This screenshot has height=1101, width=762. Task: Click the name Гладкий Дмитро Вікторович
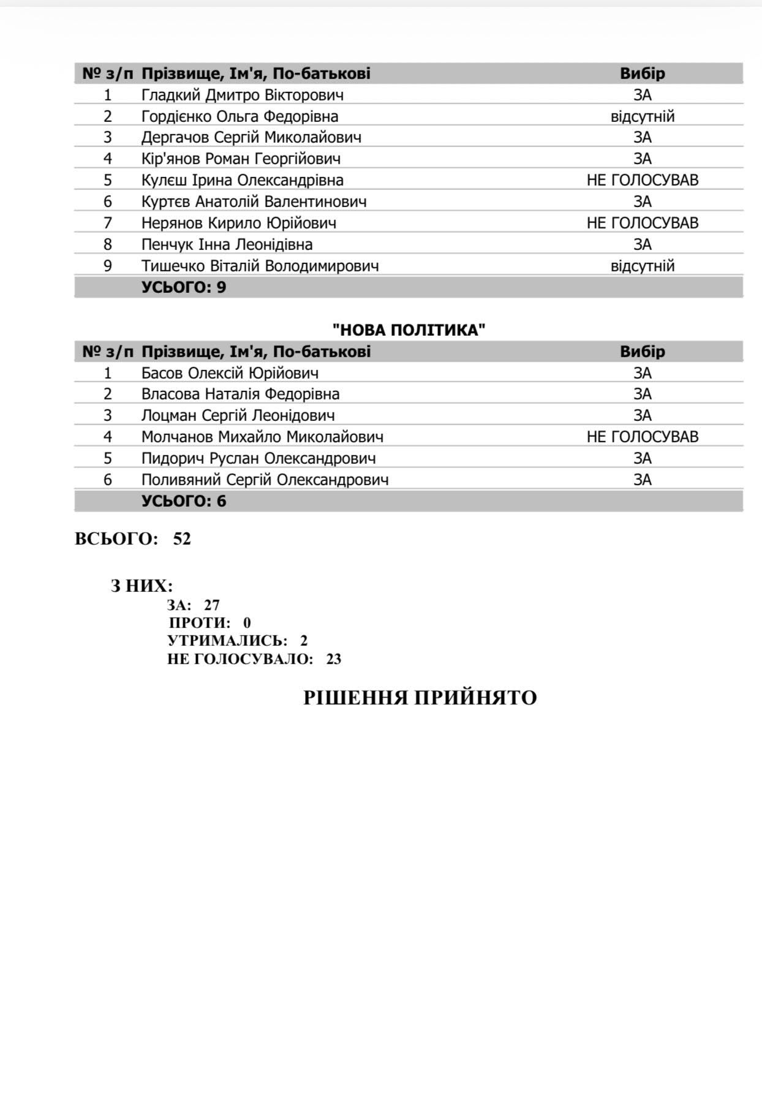click(x=242, y=95)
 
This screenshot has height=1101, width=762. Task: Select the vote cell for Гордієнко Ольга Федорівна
click(x=642, y=116)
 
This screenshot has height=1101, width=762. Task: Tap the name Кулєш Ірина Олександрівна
click(x=242, y=180)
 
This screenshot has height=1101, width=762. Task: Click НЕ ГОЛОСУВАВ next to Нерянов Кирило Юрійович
click(x=642, y=223)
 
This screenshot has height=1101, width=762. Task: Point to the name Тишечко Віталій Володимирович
click(x=260, y=266)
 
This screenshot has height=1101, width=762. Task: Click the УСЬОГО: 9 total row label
click(x=184, y=287)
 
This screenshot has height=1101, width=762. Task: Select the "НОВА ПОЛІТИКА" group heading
click(x=409, y=330)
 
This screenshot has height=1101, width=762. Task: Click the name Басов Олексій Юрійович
click(x=230, y=373)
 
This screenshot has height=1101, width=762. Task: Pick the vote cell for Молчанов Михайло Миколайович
click(x=642, y=437)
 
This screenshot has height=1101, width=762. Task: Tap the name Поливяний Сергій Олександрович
click(x=265, y=480)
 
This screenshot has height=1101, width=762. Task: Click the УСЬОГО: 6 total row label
click(x=184, y=501)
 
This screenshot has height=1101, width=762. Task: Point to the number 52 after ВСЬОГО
click(x=182, y=539)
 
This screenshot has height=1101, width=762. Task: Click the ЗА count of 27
click(x=211, y=605)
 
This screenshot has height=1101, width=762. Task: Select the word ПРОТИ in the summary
click(x=200, y=623)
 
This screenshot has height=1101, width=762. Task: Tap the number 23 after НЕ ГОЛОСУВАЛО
click(x=333, y=659)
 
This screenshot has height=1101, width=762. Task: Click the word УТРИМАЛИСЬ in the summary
click(x=227, y=641)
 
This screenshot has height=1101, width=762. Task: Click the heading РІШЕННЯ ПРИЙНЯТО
click(x=420, y=698)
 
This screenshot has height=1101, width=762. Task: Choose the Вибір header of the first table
click(x=642, y=74)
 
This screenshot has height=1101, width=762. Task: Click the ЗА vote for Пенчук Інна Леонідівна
click(x=642, y=244)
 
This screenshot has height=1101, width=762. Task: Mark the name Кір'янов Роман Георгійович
click(x=241, y=159)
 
